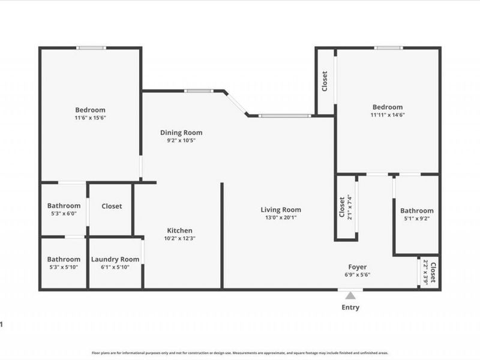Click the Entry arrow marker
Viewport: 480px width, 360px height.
pos(350,294)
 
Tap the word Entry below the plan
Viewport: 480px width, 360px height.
pos(350,307)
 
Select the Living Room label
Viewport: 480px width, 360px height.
pos(280,209)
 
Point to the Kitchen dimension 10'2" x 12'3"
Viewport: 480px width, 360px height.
pos(181,238)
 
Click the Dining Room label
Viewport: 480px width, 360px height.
pos(181,133)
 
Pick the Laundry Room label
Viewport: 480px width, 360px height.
pos(115,259)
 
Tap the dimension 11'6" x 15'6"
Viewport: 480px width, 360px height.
pos(90,118)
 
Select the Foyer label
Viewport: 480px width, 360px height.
pos(358,267)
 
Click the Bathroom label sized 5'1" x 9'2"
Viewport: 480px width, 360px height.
pos(416,211)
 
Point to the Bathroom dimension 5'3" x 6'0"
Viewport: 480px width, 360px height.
pos(64,214)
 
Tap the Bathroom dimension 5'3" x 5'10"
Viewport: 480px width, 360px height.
pos(64,267)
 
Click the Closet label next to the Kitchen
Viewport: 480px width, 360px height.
pos(112,206)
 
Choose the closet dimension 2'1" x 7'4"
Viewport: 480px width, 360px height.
pos(350,207)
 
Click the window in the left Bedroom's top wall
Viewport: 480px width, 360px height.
pos(91,48)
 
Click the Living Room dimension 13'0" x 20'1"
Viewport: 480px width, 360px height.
pos(280,217)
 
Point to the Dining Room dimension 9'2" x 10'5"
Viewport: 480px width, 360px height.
pos(181,140)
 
